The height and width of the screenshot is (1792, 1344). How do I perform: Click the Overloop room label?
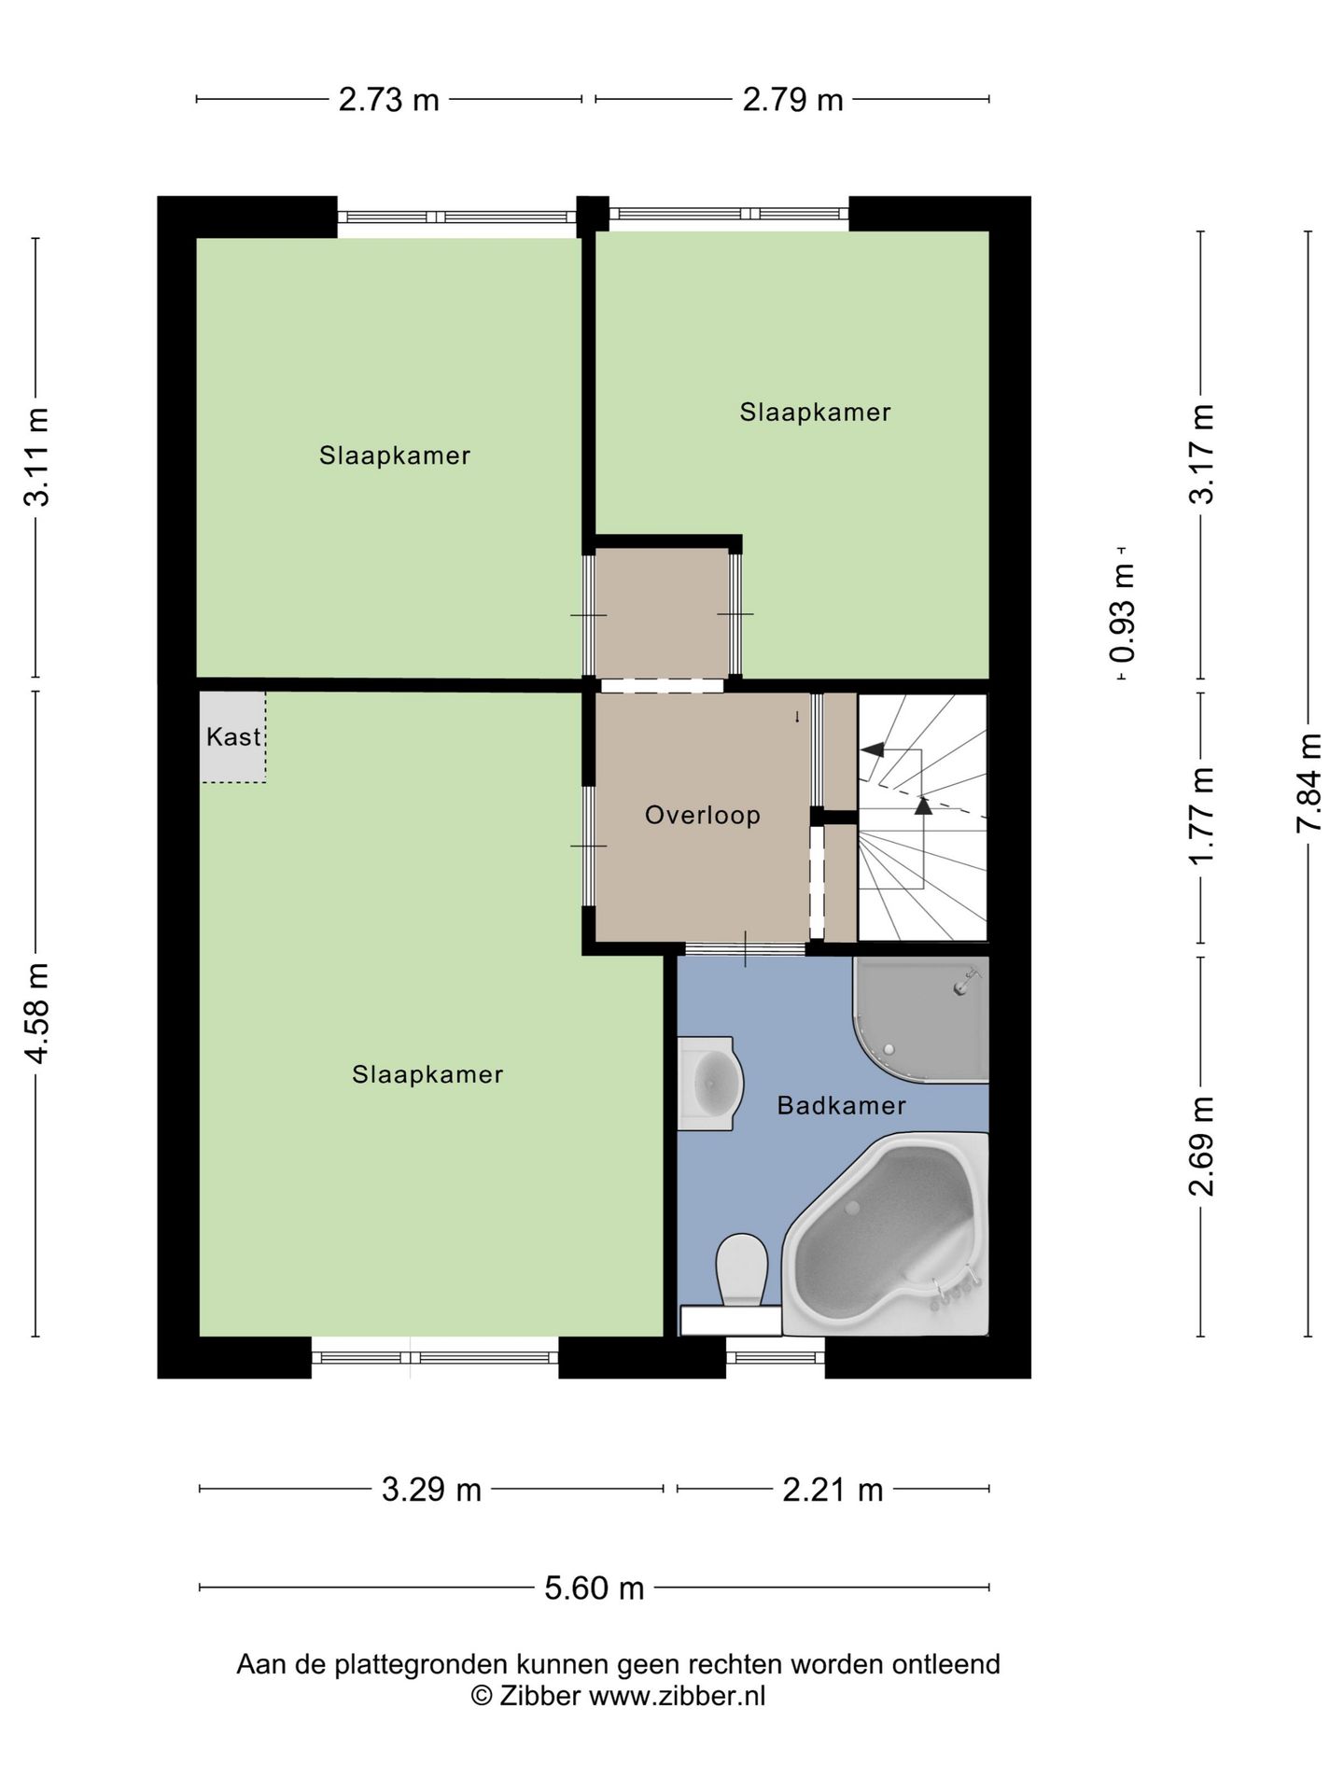[x=702, y=815]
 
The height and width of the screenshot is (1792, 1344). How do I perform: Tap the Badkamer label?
[x=841, y=1105]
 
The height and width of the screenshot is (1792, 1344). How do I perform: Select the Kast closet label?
[x=233, y=736]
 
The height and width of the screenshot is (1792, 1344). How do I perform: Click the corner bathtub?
[x=886, y=1234]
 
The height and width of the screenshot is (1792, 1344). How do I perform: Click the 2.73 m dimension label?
[x=388, y=99]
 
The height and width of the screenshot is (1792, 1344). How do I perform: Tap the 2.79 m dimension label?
[x=792, y=99]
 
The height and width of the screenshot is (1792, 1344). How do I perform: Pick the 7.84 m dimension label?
[x=1309, y=783]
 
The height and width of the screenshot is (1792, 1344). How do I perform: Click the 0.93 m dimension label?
[x=1123, y=613]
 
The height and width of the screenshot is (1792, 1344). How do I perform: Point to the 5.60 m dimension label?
[x=595, y=1588]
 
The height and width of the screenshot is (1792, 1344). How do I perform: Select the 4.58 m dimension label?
[x=36, y=1013]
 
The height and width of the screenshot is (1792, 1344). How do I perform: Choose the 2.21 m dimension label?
[x=833, y=1490]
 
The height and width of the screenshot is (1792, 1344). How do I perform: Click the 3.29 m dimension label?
[x=431, y=1490]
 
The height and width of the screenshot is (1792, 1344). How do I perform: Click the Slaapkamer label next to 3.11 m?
[x=395, y=455]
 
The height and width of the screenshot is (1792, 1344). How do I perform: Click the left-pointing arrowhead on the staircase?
[x=872, y=749]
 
